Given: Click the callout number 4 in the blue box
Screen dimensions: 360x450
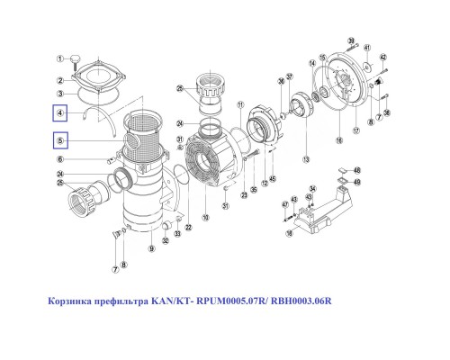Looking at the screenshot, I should click(60, 113).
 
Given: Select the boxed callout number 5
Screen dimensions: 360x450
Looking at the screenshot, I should click(60, 140).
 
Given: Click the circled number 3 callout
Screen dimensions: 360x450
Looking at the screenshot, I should click(61, 92).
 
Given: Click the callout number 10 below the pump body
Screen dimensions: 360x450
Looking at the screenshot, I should click(205, 217).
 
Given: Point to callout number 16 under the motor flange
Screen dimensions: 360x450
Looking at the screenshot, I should click(338, 140).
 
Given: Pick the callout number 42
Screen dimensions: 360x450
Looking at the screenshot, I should click(382, 58).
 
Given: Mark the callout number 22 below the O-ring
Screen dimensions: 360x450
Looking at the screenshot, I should click(189, 228).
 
